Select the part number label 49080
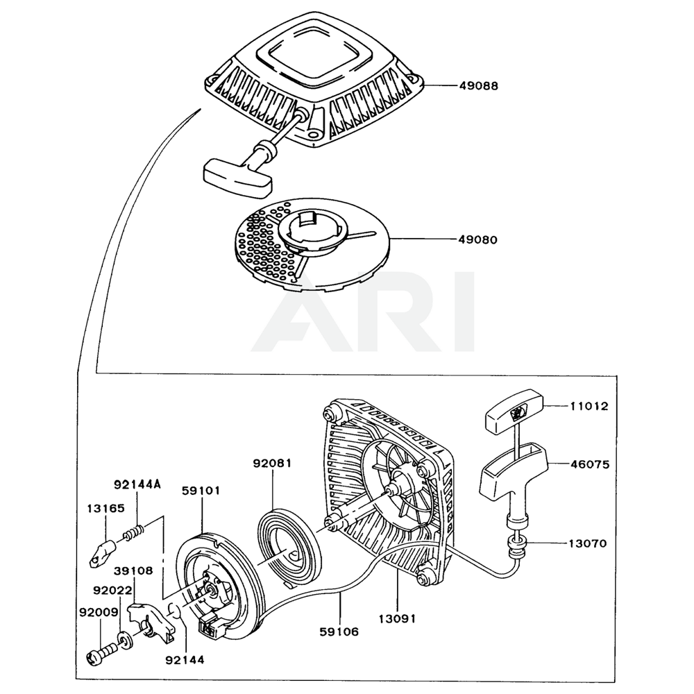click(478, 239)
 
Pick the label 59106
click(340, 632)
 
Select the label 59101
click(201, 490)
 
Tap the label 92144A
click(137, 484)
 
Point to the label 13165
click(105, 508)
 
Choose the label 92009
click(97, 613)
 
